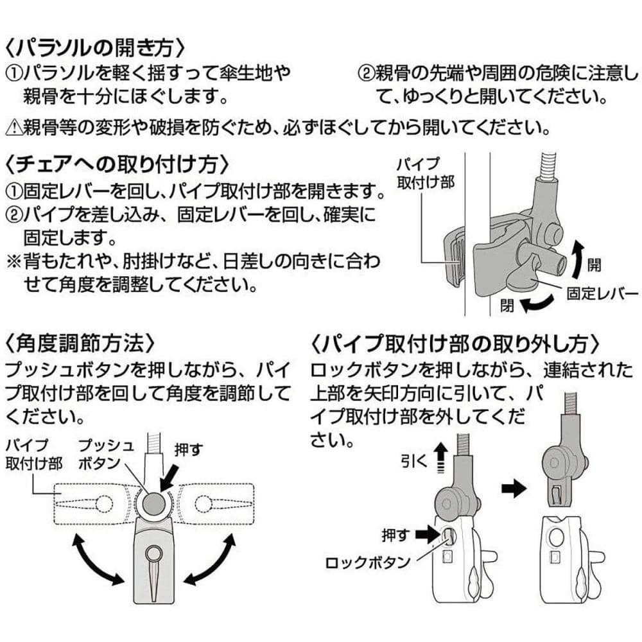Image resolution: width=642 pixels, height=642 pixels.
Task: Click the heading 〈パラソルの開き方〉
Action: pyautogui.click(x=96, y=48)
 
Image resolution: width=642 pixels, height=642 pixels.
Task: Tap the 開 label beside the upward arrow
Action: pyautogui.click(x=594, y=264)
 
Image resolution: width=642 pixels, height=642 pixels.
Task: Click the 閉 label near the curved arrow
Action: pyautogui.click(x=507, y=307)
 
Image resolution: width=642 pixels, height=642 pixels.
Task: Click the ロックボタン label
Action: pyautogui.click(x=367, y=563)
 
